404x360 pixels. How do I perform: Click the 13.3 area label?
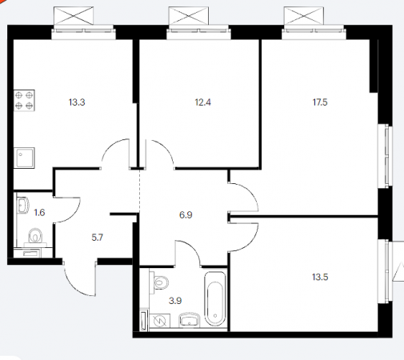coord(77,102)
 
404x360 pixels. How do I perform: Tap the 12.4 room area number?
coord(203,102)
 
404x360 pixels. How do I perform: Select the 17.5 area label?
coord(320,102)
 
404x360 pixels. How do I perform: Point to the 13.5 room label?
coord(320,277)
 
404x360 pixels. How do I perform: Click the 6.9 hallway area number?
coord(186,215)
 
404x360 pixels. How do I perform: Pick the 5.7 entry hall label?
coord(98,238)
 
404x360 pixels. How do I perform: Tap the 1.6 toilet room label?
coord(39,213)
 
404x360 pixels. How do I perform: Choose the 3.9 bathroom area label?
coord(175,301)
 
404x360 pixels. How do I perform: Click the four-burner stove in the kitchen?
coord(24,100)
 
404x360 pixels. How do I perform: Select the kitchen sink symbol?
coord(24,158)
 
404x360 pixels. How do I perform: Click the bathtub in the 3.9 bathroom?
coord(215,298)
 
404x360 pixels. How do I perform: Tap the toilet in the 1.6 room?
coord(35,236)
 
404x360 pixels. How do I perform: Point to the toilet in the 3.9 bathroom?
coord(159,282)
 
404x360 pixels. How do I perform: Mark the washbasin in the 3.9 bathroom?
coord(190,319)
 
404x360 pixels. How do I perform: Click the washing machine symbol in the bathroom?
coord(160,321)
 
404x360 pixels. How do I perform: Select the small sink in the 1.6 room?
coord(23,205)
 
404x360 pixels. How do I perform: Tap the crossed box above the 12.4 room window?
coord(189,16)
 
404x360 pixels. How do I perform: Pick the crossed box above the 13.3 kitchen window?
coord(74,16)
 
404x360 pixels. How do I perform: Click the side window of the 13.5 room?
coord(386,271)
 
